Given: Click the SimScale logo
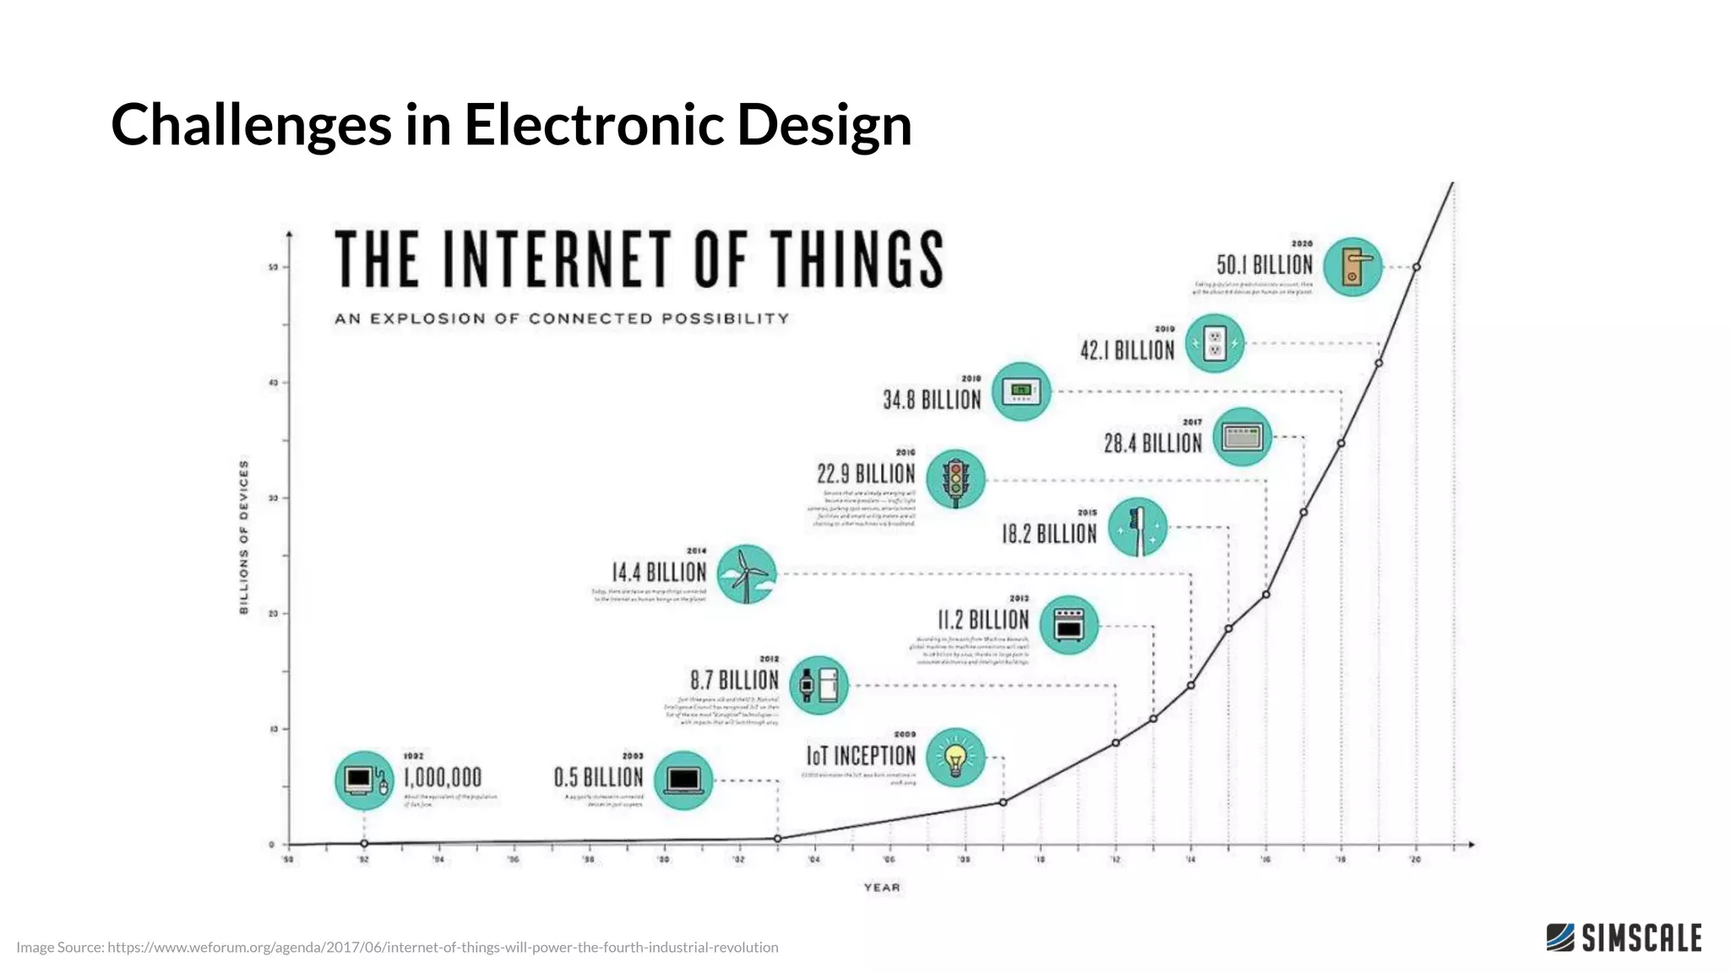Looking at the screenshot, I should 1624,938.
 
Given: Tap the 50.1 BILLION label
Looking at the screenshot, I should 1264,264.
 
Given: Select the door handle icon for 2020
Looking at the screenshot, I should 1352,267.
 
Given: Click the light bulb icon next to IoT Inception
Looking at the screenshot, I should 955,758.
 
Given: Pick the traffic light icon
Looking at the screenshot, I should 955,479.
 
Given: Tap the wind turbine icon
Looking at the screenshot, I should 747,574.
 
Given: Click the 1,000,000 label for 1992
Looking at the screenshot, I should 442,777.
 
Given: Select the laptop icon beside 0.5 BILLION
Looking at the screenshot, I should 683,780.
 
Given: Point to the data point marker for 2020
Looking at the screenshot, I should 1417,267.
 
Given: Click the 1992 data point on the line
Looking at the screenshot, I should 364,843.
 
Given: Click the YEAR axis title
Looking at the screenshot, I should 882,887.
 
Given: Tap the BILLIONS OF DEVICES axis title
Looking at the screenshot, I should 244,537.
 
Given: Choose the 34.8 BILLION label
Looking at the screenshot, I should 932,400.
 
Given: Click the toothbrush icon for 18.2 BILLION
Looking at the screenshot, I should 1137,527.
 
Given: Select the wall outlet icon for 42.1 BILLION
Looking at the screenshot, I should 1214,344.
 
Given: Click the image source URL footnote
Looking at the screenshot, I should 398,947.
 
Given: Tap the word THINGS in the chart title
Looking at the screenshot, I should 856,259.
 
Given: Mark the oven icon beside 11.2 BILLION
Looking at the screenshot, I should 1069,626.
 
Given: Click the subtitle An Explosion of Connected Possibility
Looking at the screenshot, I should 562,318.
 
